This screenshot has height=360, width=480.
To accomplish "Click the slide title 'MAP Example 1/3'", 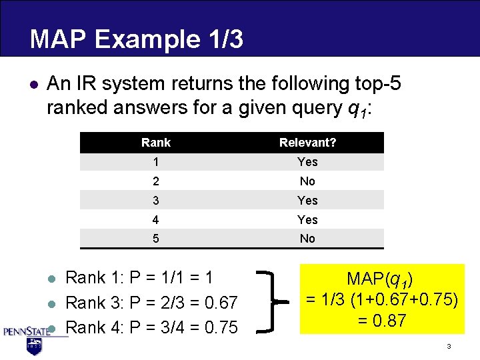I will click(136, 39).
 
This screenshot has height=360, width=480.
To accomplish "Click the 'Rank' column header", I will click(156, 143).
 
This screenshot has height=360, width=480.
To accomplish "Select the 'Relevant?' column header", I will click(307, 143).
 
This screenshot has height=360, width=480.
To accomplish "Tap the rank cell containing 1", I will click(156, 162).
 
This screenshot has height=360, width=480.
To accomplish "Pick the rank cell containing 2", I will click(156, 181).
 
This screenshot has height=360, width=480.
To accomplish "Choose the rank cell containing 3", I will click(156, 201).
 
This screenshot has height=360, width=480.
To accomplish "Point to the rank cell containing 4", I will click(156, 220).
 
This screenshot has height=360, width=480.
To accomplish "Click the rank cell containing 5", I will click(156, 239).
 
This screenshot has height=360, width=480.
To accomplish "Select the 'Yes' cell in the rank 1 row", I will click(307, 162).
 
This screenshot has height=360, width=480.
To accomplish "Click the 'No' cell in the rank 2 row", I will click(307, 181).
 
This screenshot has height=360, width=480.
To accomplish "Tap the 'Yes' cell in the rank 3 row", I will click(307, 201).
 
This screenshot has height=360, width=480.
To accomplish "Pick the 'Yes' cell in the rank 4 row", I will click(307, 220).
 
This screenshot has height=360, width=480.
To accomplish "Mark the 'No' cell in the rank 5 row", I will click(307, 239).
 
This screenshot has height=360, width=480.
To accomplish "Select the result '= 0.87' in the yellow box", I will click(381, 321).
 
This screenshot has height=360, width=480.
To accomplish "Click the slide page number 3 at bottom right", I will click(449, 347).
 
